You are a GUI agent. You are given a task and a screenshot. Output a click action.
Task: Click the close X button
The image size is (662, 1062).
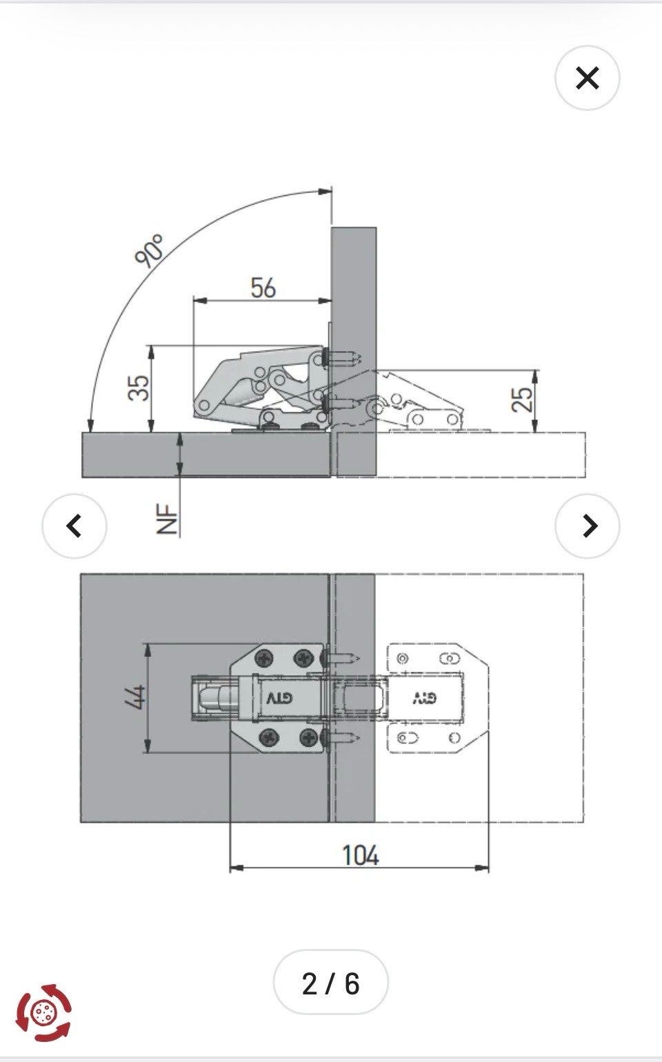[587, 78]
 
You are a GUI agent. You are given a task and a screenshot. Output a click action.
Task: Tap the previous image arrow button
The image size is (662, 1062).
[74, 525]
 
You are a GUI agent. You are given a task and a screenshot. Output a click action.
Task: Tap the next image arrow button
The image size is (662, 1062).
[587, 525]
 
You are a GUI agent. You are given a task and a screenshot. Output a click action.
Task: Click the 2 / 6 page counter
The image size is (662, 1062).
[330, 984]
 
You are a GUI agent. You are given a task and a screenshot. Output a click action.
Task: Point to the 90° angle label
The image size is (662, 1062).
[150, 250]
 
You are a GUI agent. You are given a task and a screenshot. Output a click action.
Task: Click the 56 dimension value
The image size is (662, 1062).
[263, 288]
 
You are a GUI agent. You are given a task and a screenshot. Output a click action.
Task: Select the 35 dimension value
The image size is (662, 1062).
[139, 388]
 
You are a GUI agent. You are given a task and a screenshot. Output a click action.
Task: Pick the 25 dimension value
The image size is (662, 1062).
[522, 399]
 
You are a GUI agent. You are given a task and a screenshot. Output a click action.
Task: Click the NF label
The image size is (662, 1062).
[167, 519]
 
